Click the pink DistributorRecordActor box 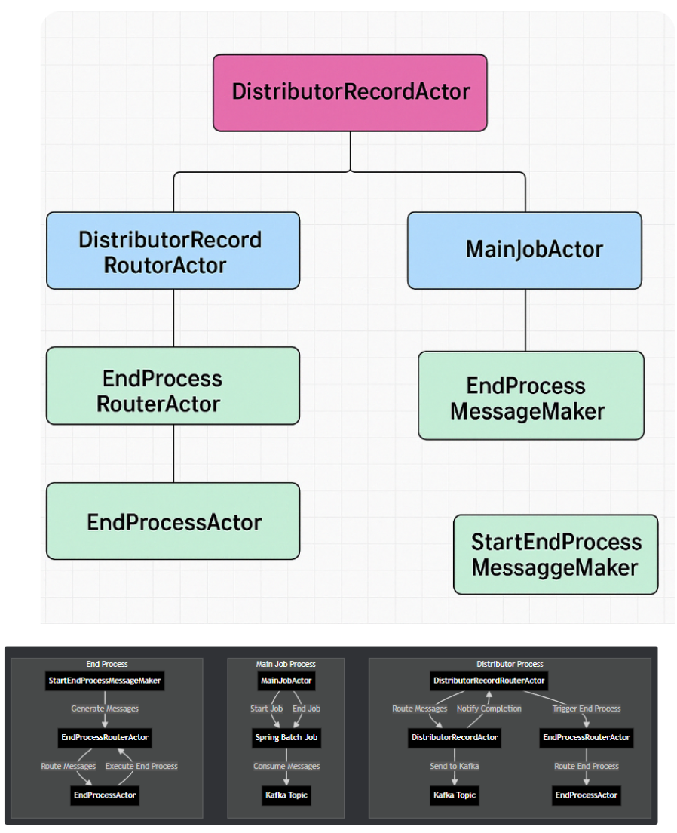point(350,93)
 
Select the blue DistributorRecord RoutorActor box point(173,251)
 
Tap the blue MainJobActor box point(525,250)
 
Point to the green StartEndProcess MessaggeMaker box point(556,555)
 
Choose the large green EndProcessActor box point(173,521)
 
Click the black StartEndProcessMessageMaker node point(105,681)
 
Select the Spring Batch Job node point(286,737)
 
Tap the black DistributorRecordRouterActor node point(489,681)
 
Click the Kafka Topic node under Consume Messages point(286,795)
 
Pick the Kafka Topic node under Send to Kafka point(455,795)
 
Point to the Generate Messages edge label point(105,709)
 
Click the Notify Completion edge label point(489,709)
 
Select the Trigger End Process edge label point(586,709)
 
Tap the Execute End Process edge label point(141,766)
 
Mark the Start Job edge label point(266,709)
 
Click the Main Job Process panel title point(286,665)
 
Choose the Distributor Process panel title point(510,665)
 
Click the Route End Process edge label point(586,766)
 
